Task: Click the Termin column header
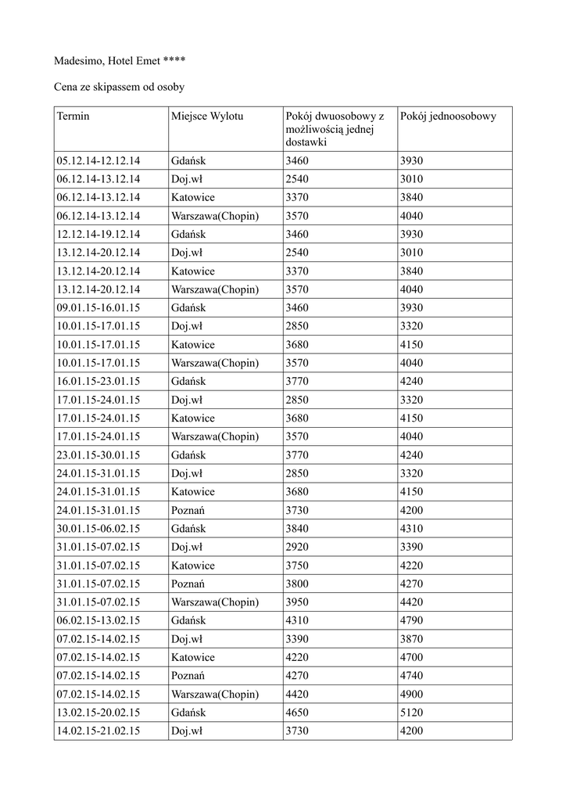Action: point(73,117)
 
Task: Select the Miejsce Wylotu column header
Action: point(207,117)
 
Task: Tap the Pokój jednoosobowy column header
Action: point(448,117)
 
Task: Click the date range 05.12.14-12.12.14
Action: point(99,160)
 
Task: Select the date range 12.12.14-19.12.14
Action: point(99,234)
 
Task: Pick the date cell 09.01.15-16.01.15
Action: point(99,307)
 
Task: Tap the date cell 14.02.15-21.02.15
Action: point(99,731)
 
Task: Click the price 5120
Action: point(411,713)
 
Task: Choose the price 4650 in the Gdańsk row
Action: point(298,713)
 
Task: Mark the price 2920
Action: point(298,547)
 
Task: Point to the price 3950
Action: point(298,602)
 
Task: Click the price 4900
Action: point(411,694)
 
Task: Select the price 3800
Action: point(298,584)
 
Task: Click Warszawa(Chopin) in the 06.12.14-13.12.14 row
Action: point(215,216)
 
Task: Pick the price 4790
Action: point(411,620)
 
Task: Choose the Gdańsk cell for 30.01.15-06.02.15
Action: point(188,529)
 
